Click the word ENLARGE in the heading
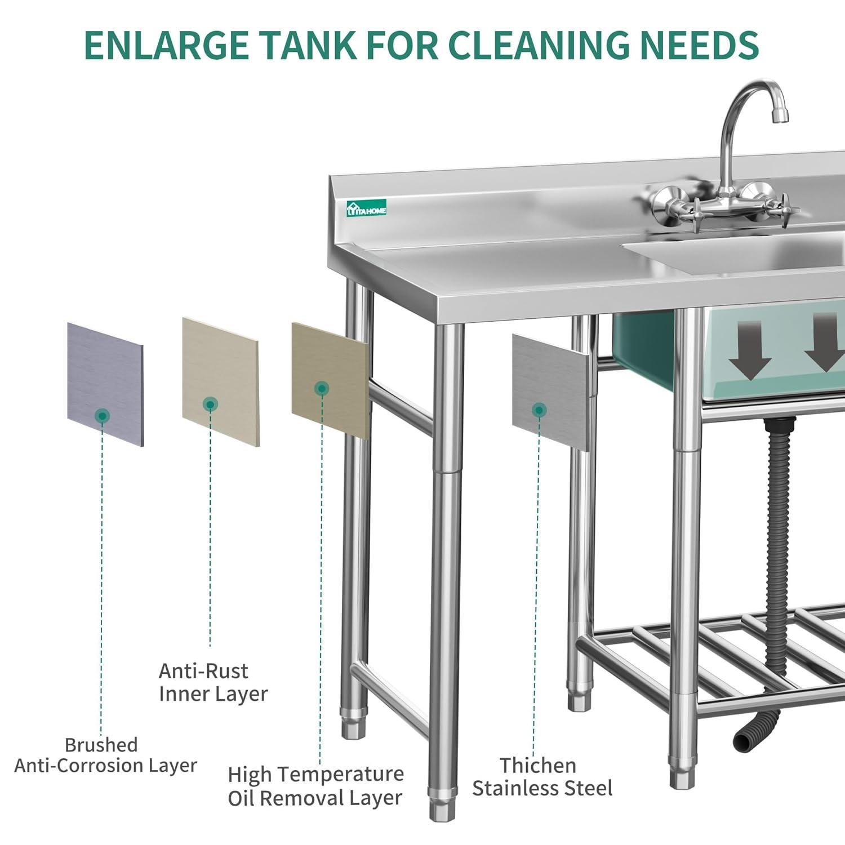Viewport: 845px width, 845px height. tap(166, 45)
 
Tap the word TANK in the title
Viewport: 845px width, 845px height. tap(309, 45)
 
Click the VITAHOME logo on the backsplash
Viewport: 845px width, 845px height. tap(367, 208)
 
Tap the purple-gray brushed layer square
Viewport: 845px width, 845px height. tap(105, 384)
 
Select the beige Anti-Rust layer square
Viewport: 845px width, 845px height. tap(220, 381)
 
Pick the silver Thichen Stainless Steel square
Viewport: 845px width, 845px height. tap(551, 392)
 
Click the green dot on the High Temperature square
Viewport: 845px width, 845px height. tap(322, 388)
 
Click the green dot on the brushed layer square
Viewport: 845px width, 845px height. tap(103, 416)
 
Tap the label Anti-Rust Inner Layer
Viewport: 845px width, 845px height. tap(213, 682)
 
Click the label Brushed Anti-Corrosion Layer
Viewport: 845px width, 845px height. tap(105, 755)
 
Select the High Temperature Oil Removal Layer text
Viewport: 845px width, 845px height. tap(315, 786)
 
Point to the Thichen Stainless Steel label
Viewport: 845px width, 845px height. tap(542, 776)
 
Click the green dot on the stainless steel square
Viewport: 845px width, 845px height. tap(539, 410)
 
